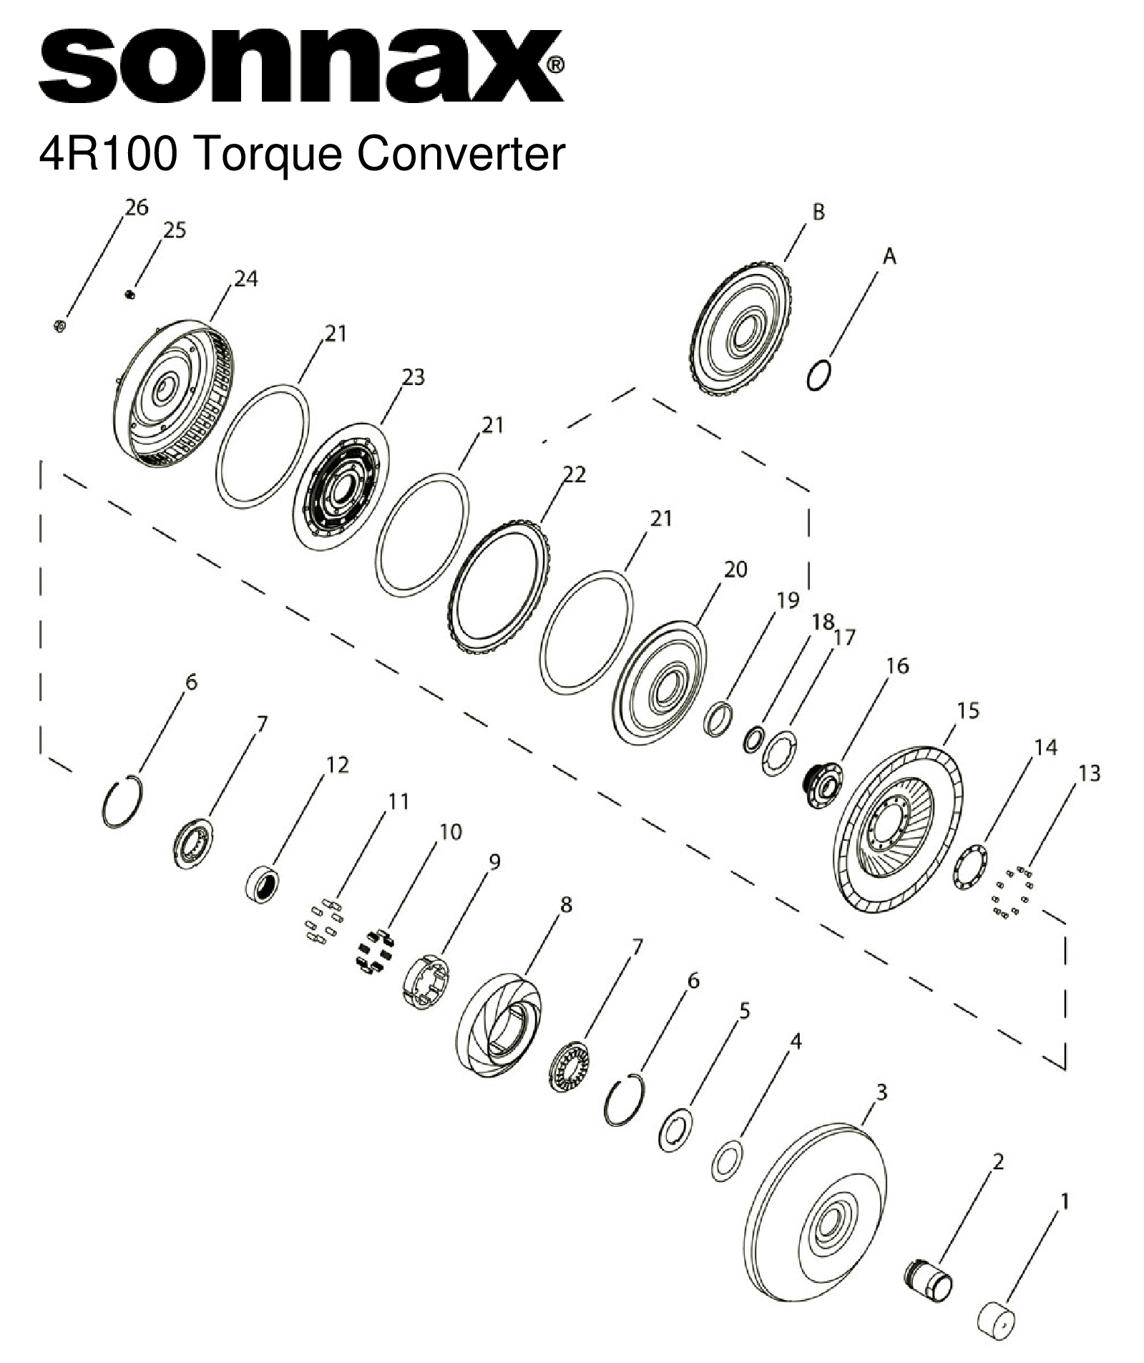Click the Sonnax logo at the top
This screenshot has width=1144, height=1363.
coord(300,68)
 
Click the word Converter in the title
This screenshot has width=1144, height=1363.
coord(461,154)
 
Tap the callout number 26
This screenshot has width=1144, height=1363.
coord(136,207)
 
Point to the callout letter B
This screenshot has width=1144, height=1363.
coord(818,212)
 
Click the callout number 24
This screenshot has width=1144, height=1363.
coord(245,279)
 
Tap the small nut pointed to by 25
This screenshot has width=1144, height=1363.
coord(130,293)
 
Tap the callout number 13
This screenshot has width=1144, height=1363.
coord(1089,773)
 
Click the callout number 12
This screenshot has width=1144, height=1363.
coord(337,765)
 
